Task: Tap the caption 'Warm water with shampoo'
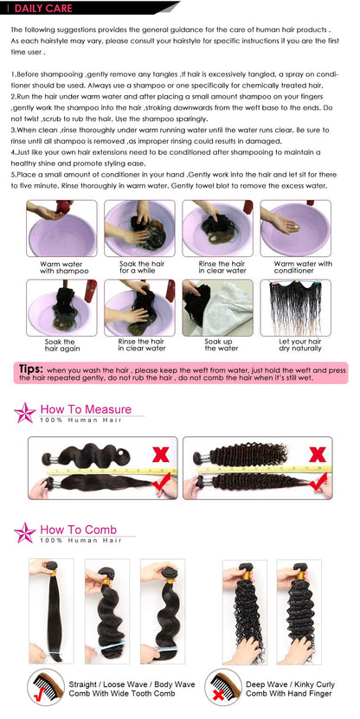[x=60, y=267]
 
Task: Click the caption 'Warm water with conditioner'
[x=302, y=267]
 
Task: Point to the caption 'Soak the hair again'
[x=60, y=345]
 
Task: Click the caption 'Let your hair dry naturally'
[x=302, y=345]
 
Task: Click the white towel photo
[x=217, y=307]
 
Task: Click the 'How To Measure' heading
[x=86, y=409]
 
